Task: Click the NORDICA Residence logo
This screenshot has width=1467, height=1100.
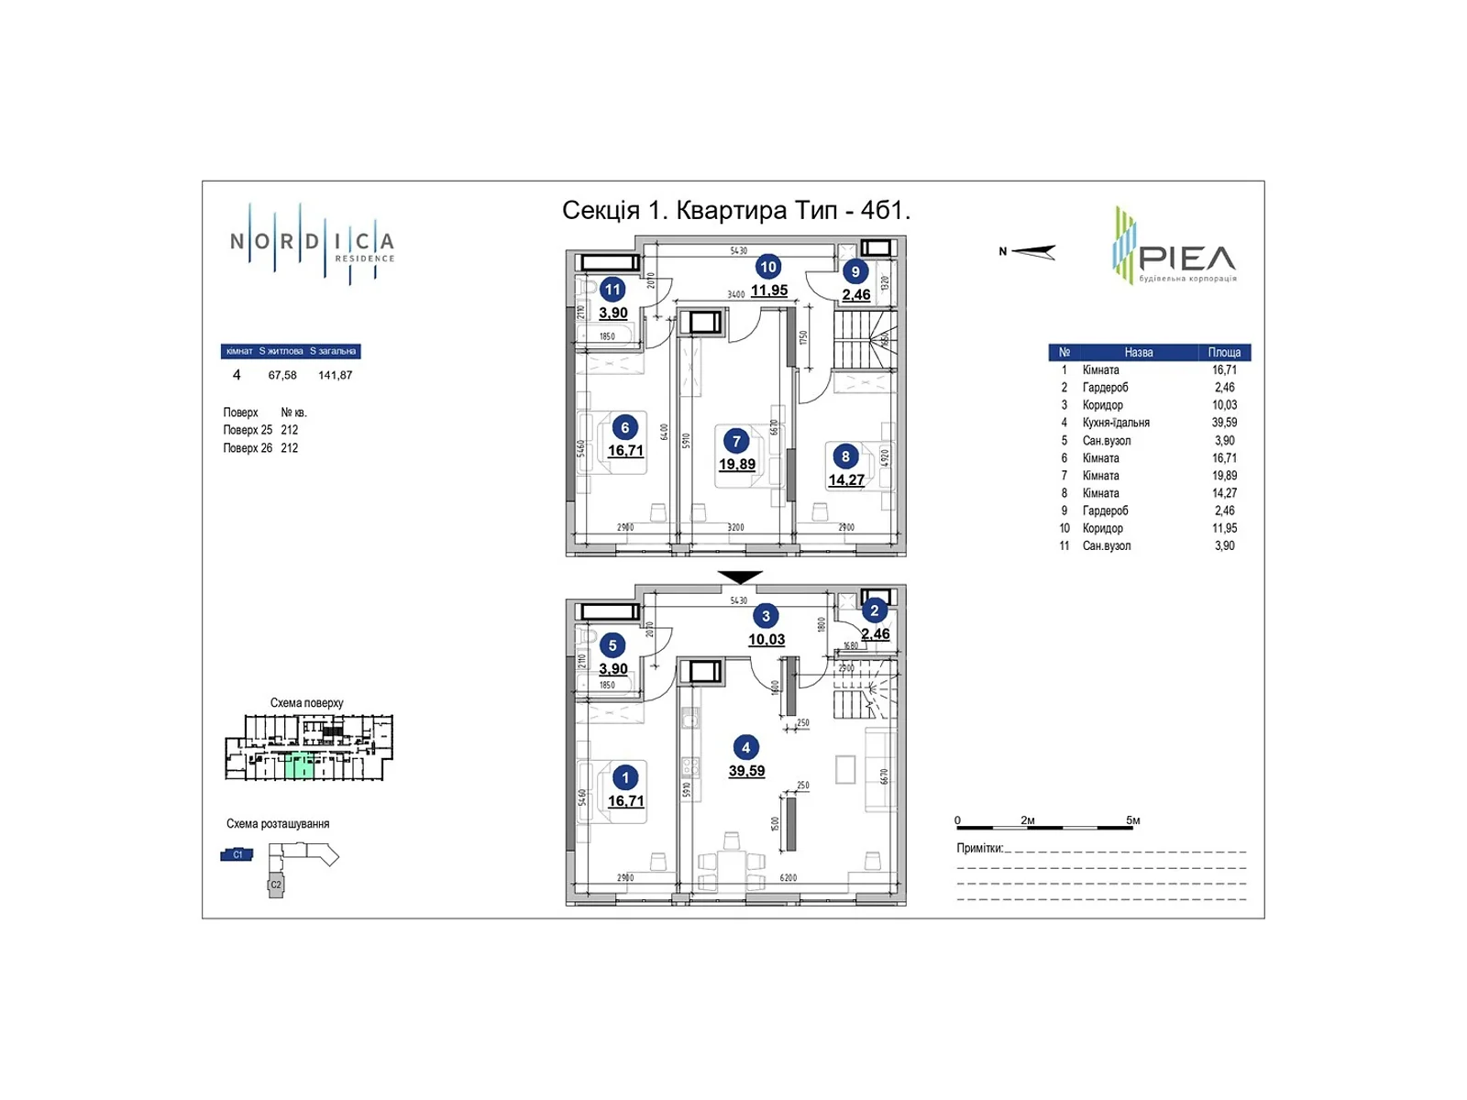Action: (312, 244)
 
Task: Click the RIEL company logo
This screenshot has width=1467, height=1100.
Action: (1175, 246)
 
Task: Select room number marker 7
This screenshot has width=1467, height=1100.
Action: (735, 442)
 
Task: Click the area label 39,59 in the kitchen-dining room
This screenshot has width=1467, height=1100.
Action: (746, 772)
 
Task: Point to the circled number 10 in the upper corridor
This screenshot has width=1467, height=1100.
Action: (767, 267)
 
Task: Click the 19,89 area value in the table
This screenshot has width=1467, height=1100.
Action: (1224, 476)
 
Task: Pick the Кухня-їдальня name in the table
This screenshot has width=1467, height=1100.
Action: (1116, 423)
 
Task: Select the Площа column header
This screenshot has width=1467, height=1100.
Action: (1224, 352)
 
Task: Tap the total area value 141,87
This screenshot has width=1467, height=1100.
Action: (335, 375)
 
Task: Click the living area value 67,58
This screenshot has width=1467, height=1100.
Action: (282, 375)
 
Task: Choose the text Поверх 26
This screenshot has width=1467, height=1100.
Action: (248, 448)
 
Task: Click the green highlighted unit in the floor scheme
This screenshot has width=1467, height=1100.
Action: (299, 766)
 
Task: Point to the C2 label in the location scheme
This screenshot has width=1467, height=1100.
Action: (276, 885)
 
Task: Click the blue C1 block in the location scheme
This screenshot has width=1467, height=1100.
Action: (237, 854)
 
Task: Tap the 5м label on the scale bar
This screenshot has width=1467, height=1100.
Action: (1133, 820)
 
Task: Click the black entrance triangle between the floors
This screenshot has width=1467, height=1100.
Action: (740, 577)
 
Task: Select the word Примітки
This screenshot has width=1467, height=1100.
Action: (979, 849)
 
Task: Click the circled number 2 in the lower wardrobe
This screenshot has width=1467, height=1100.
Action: (874, 610)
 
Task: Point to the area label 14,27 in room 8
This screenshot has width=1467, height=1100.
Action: (846, 480)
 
